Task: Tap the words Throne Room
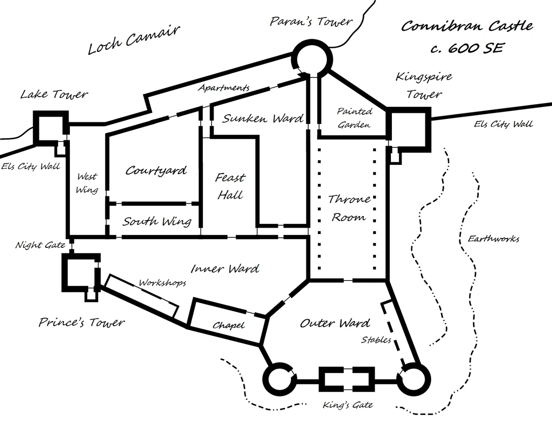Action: point(349,208)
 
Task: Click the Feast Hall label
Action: point(230,186)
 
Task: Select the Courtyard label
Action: point(156,170)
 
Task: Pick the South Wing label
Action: point(156,222)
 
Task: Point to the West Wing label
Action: point(87,183)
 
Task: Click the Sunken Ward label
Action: point(263,119)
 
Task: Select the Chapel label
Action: point(228,325)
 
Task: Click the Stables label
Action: point(376,340)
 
